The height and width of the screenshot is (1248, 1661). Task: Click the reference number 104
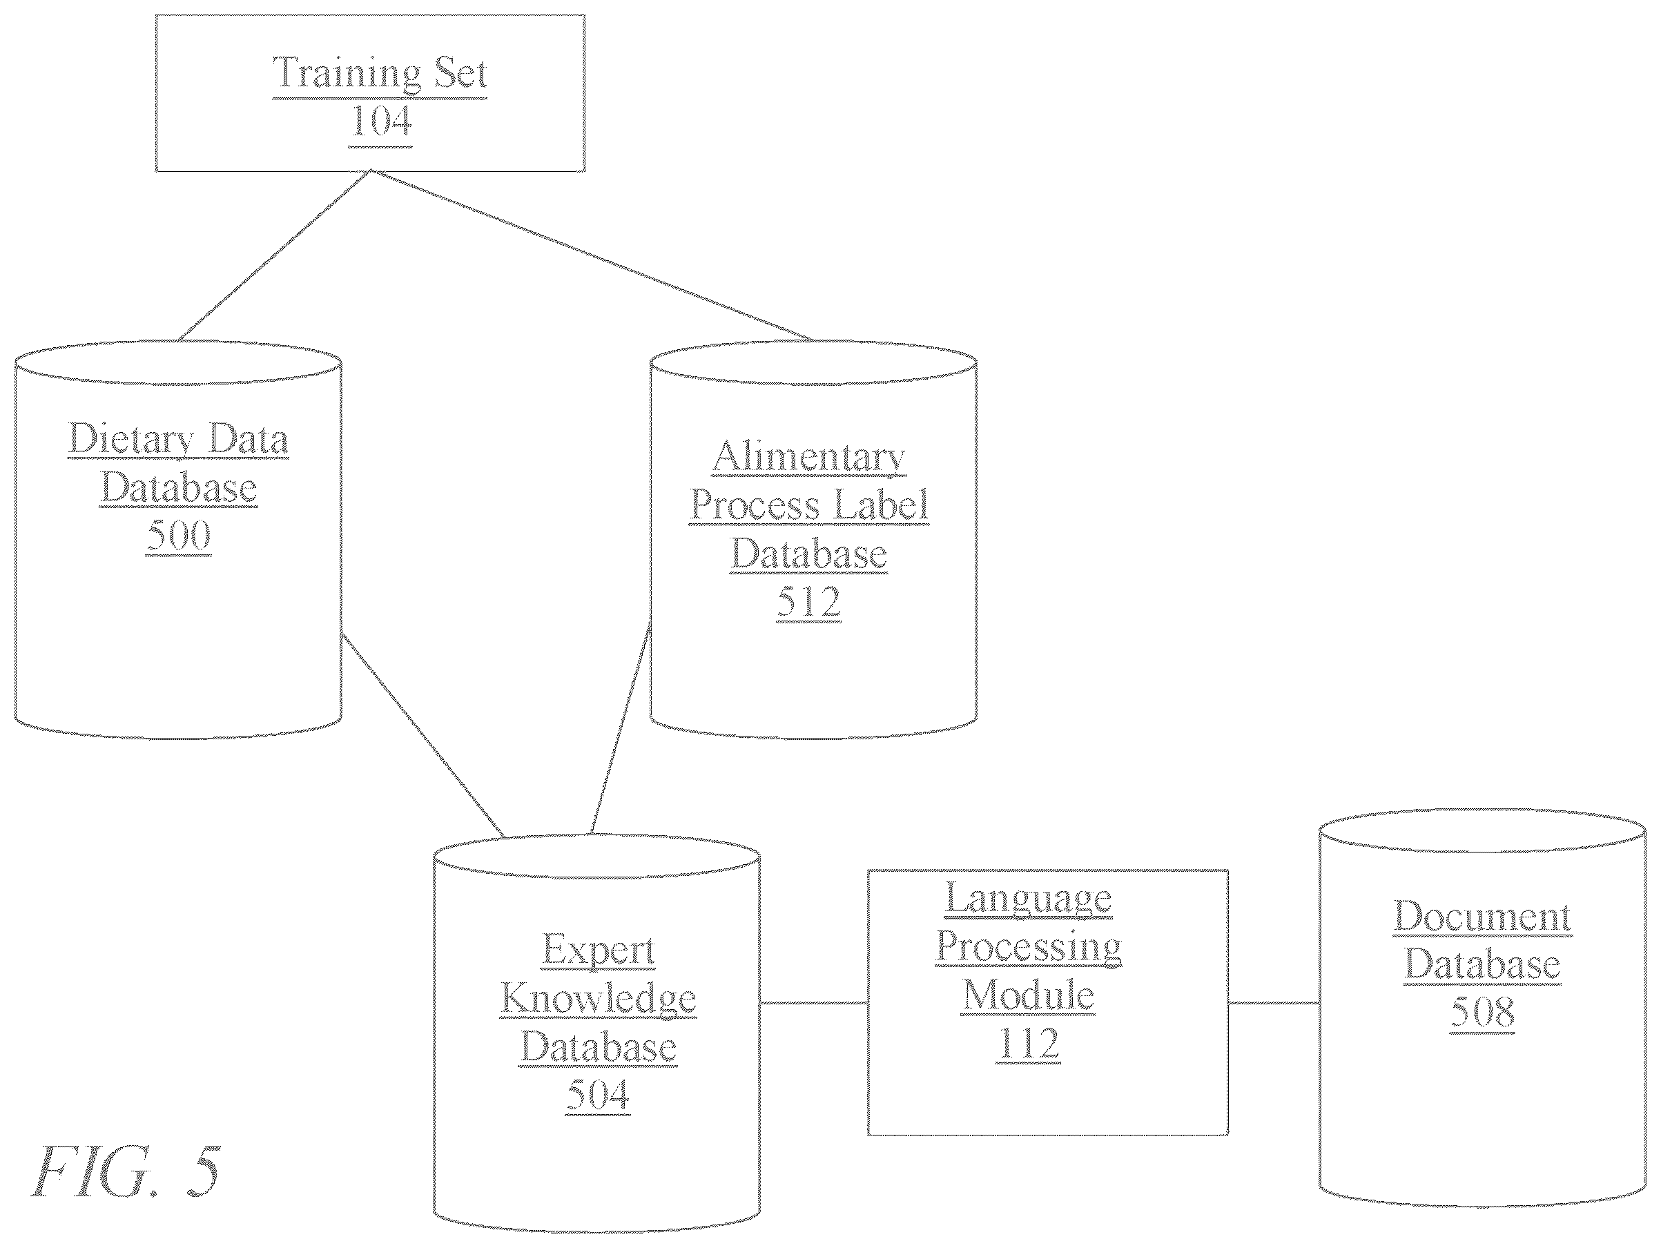(380, 121)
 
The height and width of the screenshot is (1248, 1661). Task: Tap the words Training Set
(380, 75)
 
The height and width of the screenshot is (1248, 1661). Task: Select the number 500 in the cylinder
(179, 535)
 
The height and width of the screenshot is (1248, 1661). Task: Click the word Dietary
(131, 438)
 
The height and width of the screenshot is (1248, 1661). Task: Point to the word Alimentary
(808, 456)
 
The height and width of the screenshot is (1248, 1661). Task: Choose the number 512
(808, 601)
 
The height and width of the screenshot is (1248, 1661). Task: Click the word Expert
(599, 950)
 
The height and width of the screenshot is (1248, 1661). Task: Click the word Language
(1028, 898)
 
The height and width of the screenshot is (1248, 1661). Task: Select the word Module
(1028, 995)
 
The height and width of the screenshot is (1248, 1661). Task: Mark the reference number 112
(1029, 1043)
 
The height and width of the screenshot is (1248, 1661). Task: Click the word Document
(1482, 916)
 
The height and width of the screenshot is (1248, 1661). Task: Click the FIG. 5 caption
(126, 1172)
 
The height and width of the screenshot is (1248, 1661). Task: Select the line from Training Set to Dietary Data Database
(275, 256)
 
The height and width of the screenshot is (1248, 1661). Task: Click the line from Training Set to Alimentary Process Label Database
(592, 255)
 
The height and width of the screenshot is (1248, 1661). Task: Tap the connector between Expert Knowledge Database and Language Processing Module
(814, 1003)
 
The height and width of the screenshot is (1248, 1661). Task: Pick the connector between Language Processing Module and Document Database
(1274, 1003)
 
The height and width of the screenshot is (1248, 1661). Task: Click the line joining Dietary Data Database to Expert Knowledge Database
(422, 736)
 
